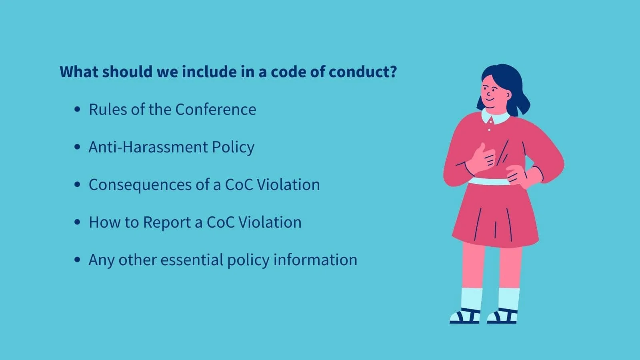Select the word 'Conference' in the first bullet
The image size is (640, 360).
coord(216,110)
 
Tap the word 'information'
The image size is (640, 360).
coord(315,260)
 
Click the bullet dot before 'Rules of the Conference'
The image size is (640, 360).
coord(78,110)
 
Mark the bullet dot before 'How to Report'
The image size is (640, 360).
coord(78,222)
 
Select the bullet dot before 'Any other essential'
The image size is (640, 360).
coord(78,260)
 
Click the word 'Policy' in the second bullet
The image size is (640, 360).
coord(233,147)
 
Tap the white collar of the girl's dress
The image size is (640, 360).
coord(496,117)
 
